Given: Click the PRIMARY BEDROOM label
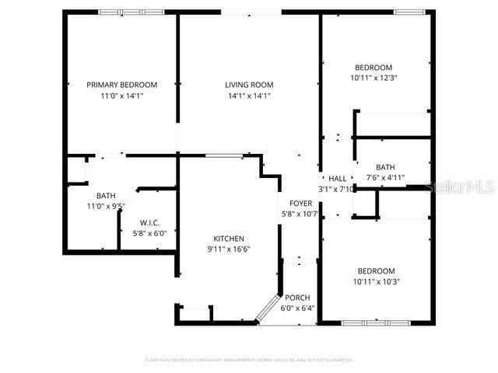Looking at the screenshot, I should pos(121,85).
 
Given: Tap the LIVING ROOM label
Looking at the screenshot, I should pos(249,85).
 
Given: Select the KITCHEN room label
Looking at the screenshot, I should pos(230,239).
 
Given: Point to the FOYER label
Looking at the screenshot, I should pos(300,203).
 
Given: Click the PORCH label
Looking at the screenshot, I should pos(298,298).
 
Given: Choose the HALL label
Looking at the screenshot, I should pos(337,179).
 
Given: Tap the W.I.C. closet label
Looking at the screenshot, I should pos(149,223).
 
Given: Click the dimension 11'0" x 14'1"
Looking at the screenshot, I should pos(121,96).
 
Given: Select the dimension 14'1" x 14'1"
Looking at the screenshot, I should pos(249,96).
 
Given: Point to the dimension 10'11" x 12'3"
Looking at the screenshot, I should pos(373,78).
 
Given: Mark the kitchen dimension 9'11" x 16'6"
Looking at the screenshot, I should pos(230,249).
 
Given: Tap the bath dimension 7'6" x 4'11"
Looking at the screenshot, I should pos(385,177).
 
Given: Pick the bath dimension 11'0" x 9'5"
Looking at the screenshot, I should pos(106,206).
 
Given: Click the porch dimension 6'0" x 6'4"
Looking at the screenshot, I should pos(298,309).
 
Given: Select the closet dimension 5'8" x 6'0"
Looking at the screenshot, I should pos(149,232).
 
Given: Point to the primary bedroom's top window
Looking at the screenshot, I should pos(121,12).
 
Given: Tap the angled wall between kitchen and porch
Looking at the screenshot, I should pos(268,308).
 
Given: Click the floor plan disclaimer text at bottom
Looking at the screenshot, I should pos(249,360).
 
